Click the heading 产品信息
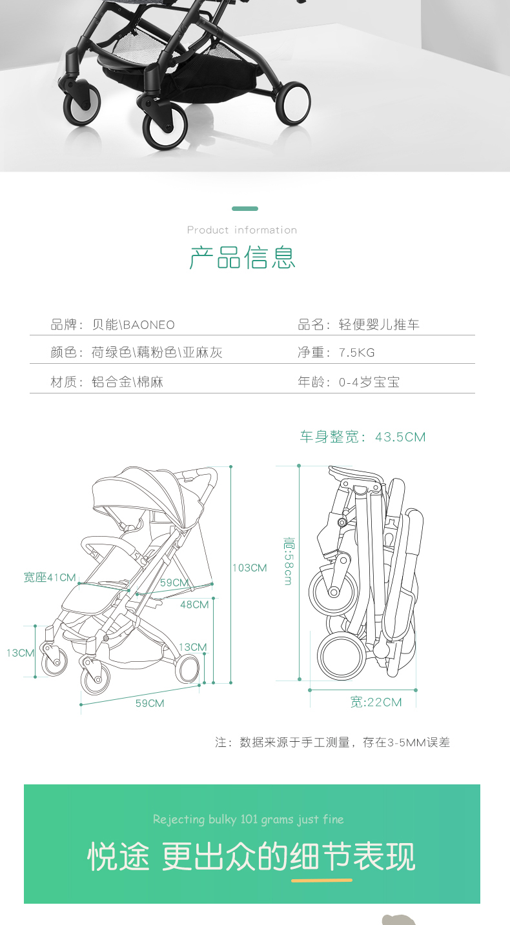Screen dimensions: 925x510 point(242,257)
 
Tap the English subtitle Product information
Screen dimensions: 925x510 point(242,230)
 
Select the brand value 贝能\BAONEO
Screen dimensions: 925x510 point(134,324)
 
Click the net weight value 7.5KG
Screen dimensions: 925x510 point(357,353)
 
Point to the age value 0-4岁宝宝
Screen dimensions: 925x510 point(369,382)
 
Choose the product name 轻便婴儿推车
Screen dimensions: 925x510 point(380,324)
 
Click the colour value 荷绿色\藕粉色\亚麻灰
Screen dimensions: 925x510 point(158,353)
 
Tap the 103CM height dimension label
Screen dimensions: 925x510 point(250,568)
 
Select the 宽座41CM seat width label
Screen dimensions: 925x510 point(50,577)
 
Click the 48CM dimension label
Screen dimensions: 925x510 point(194,604)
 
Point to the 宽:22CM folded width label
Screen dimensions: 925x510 point(376,702)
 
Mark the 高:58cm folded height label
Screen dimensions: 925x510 point(288,561)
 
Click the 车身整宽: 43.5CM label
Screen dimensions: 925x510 point(363,437)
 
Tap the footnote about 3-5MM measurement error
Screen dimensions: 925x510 point(332,742)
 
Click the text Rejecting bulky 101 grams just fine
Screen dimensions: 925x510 point(249,819)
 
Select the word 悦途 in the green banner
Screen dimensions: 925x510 point(118,857)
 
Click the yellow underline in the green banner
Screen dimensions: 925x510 point(321,880)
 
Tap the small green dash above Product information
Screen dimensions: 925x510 point(245,209)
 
